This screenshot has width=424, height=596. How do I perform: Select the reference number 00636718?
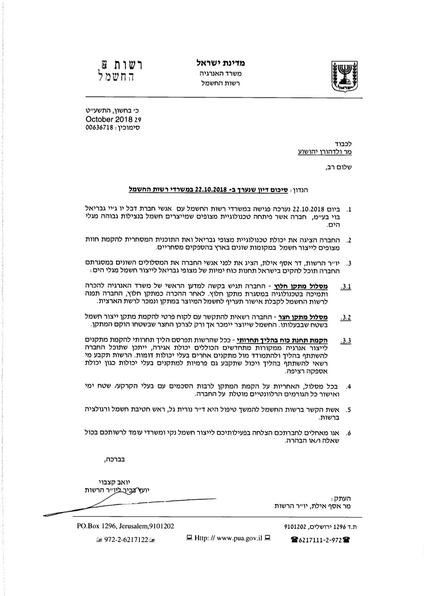[x=100, y=128]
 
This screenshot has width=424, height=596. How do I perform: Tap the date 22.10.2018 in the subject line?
[x=212, y=189]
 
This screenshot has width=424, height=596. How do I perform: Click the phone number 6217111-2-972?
[x=320, y=540]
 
